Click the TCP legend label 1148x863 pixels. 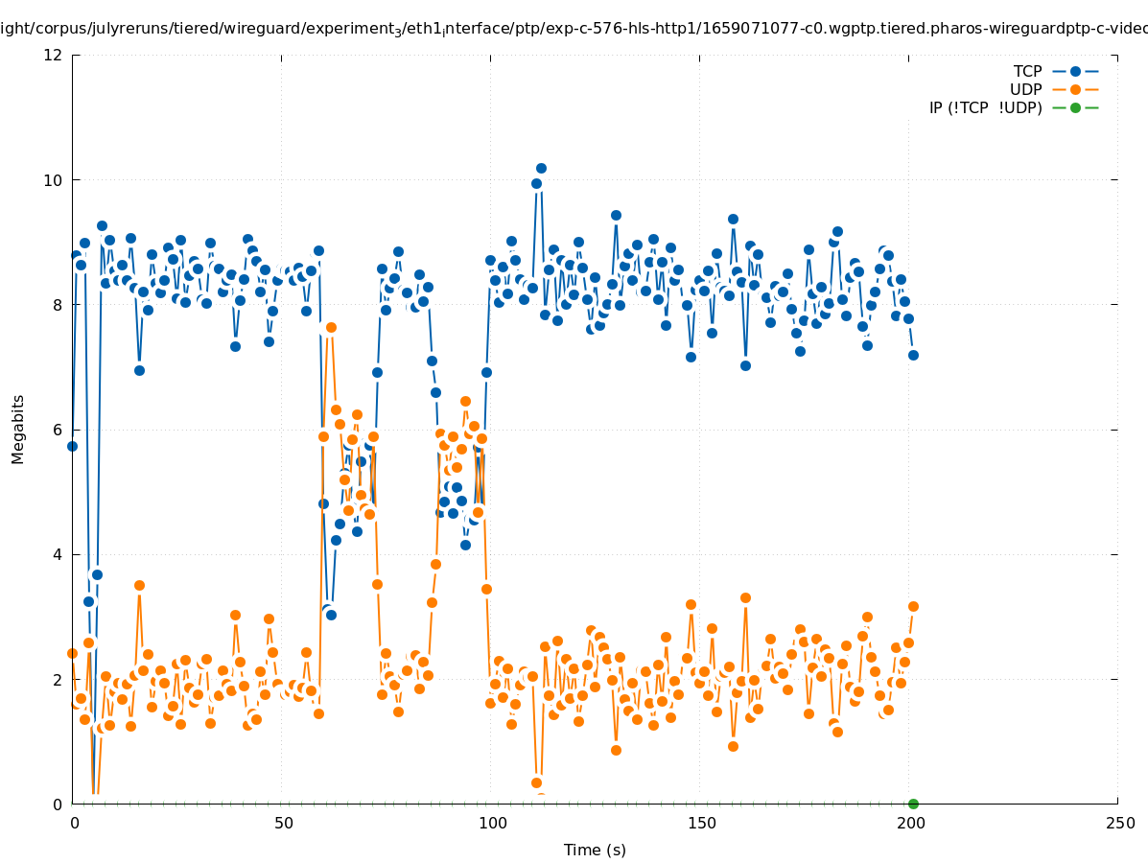point(1027,71)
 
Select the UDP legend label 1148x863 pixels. point(1025,89)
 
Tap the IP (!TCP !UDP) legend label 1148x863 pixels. point(985,107)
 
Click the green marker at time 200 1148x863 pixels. point(913,804)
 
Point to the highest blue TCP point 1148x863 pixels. point(541,169)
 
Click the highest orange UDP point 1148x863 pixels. point(331,327)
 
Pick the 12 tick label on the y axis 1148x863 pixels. point(54,56)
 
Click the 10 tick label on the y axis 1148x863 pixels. point(54,180)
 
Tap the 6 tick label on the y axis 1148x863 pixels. point(58,430)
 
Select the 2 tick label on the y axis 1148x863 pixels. point(58,679)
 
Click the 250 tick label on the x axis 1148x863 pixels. point(1118,824)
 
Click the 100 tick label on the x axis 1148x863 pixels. point(491,824)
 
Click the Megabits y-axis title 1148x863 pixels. point(18,429)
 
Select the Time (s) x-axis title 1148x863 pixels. point(595,850)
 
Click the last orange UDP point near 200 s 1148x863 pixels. point(913,606)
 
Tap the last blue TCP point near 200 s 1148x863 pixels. point(913,355)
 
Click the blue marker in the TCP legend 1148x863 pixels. point(1075,71)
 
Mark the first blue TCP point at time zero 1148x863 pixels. point(72,446)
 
